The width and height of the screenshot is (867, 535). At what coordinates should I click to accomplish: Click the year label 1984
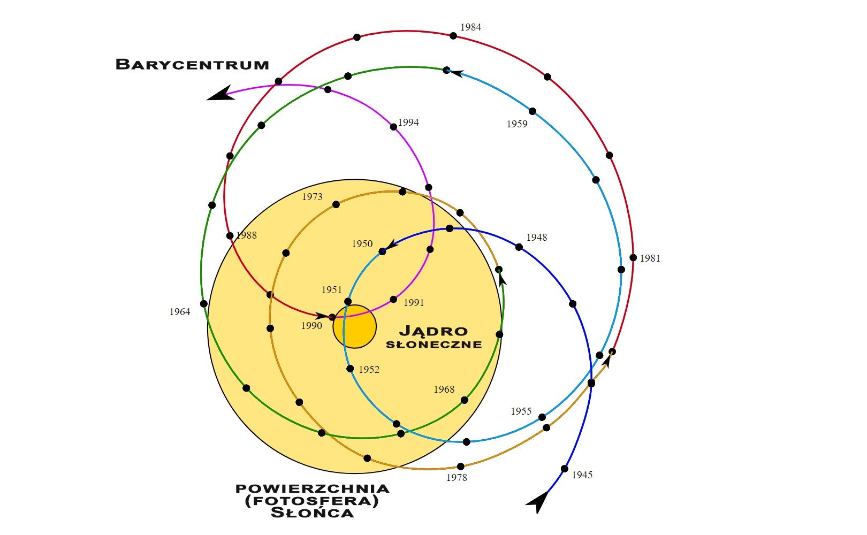(470, 27)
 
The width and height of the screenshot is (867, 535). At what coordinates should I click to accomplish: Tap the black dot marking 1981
(633, 258)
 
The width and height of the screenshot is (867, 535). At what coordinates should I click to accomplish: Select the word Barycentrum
(192, 65)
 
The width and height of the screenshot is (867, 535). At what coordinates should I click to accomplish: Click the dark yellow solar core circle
(354, 327)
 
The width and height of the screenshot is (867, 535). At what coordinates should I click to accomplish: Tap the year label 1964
(180, 312)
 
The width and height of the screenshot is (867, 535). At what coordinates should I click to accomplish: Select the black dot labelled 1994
(393, 127)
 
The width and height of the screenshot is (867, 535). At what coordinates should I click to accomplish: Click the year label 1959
(517, 124)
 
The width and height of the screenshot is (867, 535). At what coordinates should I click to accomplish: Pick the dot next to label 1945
(564, 469)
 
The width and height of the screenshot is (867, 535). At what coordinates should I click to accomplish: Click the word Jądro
(433, 331)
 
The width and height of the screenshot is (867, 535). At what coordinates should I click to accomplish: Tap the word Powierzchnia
(313, 488)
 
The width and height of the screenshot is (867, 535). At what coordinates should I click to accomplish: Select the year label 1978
(457, 478)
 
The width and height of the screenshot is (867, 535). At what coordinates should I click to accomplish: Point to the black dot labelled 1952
(350, 369)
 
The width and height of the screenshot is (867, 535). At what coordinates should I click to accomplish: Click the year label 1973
(312, 197)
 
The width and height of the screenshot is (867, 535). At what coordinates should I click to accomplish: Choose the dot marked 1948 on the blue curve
(519, 247)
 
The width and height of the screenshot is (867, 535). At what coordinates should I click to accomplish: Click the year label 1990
(311, 326)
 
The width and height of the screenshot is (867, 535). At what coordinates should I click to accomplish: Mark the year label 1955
(521, 411)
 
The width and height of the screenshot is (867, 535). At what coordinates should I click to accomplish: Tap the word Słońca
(313, 513)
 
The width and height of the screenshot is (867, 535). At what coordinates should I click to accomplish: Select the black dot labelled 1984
(453, 36)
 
